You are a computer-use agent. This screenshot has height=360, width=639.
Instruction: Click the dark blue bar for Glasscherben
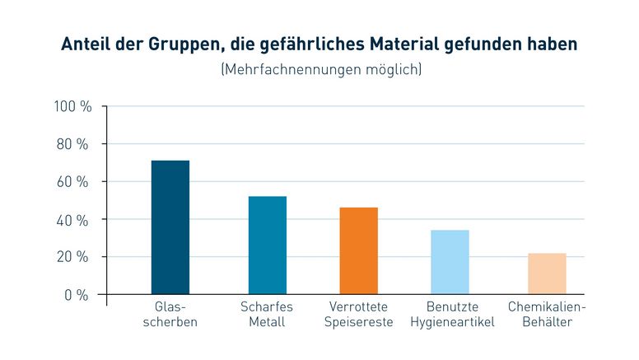[170, 227]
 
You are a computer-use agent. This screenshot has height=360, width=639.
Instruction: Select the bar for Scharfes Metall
[267, 245]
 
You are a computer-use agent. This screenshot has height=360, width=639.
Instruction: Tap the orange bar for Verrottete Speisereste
[359, 250]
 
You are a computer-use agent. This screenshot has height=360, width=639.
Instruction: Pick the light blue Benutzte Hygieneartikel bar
[450, 262]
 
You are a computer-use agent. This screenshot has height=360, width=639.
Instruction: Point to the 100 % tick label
[72, 107]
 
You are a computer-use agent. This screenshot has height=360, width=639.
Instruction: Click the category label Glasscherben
[170, 314]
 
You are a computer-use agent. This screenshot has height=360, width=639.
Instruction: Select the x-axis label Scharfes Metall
[267, 314]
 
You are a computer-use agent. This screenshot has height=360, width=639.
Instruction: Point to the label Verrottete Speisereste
[359, 314]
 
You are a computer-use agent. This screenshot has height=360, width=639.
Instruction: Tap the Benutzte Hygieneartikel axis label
[452, 314]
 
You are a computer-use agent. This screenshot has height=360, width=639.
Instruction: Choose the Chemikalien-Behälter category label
[547, 314]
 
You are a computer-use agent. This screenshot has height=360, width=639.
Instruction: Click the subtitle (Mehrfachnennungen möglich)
[320, 70]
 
